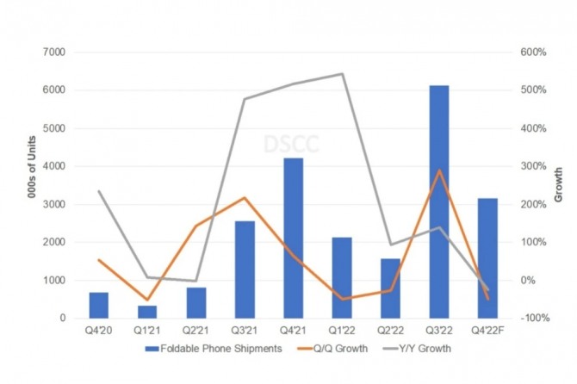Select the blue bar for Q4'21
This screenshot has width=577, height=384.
coord(294,238)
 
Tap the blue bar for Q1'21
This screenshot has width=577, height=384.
coord(147,312)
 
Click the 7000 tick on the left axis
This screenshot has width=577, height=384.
coord(54,53)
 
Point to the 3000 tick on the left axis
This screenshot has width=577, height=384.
coord(54,204)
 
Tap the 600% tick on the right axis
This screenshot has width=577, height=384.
coord(535,53)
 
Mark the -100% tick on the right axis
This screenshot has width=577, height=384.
coord(535,319)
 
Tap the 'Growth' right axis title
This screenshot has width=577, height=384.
coord(558,185)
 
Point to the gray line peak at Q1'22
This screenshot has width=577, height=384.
coord(343,74)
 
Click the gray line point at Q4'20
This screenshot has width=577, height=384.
coord(99,191)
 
